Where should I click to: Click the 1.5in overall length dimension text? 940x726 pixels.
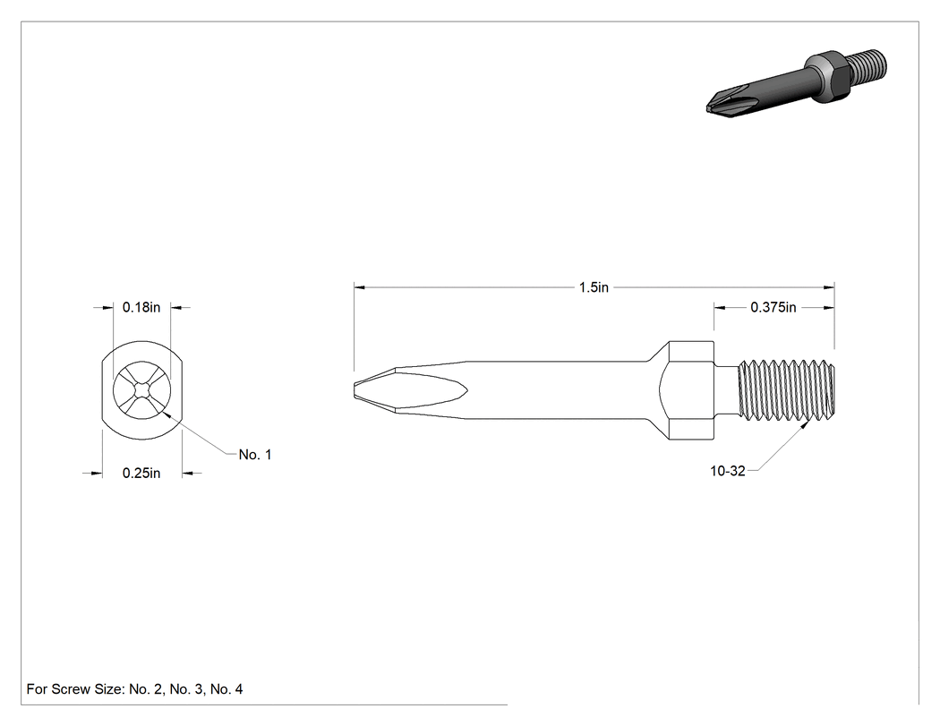[594, 287]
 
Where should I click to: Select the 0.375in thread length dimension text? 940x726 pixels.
[773, 308]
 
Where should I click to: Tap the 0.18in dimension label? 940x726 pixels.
[141, 308]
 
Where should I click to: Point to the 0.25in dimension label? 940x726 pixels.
[141, 473]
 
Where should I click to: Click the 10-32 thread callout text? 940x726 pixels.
[728, 471]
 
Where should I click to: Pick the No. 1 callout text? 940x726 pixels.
[255, 455]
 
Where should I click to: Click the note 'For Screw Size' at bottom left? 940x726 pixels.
[134, 688]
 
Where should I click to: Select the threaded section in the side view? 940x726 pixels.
[785, 390]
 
